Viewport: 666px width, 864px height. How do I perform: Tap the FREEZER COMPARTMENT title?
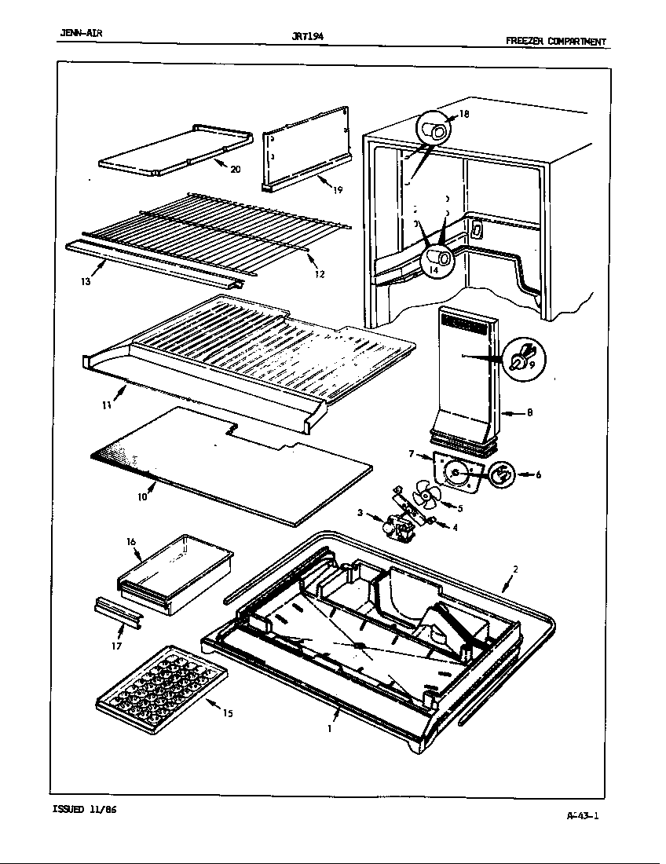click(x=555, y=42)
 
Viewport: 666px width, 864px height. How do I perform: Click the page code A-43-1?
click(x=582, y=815)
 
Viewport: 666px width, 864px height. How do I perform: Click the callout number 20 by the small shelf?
click(x=235, y=169)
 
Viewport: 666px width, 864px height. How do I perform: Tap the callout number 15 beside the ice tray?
click(x=227, y=714)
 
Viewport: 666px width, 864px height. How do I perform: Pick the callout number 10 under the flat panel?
click(x=142, y=496)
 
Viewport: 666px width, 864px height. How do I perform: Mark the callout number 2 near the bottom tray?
click(x=515, y=569)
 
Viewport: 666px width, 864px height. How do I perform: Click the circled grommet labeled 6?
click(x=502, y=474)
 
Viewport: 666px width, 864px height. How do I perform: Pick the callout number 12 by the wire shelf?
click(x=320, y=274)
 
